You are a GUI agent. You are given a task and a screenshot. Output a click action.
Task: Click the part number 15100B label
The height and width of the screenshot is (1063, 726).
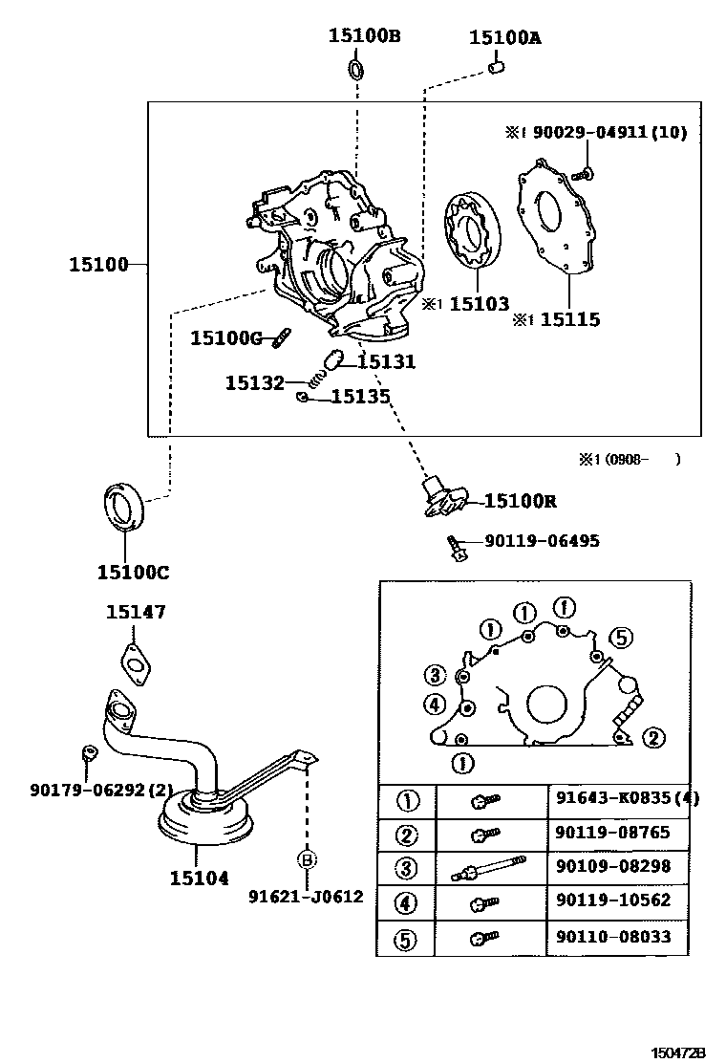click(x=364, y=36)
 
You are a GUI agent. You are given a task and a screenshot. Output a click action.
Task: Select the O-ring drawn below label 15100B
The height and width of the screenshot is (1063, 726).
click(x=355, y=69)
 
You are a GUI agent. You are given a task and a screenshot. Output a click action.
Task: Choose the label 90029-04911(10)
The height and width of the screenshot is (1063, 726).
click(x=609, y=133)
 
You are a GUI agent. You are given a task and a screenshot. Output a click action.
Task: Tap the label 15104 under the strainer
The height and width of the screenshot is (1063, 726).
click(x=199, y=877)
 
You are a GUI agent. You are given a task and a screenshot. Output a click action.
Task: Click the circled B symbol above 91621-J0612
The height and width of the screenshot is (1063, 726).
click(x=308, y=859)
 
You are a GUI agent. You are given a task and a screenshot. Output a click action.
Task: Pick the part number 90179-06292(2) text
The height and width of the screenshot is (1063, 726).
click(x=87, y=790)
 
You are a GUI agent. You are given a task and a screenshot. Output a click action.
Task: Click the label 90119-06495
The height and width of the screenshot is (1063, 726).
click(x=542, y=541)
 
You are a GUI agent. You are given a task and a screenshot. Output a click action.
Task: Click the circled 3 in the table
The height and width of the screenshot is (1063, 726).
click(x=406, y=868)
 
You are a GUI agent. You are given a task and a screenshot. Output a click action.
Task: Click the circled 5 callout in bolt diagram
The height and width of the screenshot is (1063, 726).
click(x=621, y=637)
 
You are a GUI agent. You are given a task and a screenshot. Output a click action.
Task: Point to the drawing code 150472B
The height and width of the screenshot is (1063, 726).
click(x=678, y=1052)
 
